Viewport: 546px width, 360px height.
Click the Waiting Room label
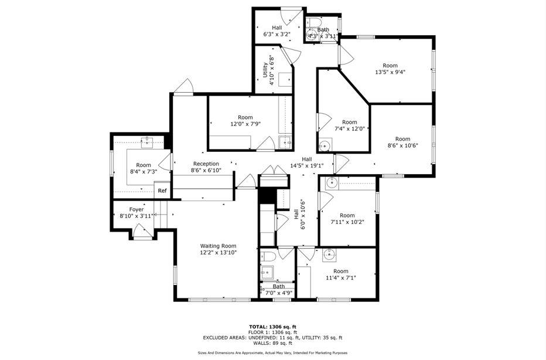click(x=218, y=246)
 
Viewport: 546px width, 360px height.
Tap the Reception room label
click(x=206, y=164)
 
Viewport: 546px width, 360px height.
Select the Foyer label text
click(x=136, y=209)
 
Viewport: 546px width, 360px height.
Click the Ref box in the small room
click(x=162, y=191)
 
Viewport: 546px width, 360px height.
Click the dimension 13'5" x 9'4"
click(x=390, y=72)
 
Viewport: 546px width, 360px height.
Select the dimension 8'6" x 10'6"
click(x=402, y=146)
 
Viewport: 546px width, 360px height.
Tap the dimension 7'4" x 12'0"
click(x=350, y=129)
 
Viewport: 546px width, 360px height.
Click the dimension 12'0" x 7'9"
click(x=245, y=124)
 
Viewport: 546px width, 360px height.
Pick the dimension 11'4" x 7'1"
click(x=340, y=278)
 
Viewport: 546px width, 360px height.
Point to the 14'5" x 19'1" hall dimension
click(x=307, y=165)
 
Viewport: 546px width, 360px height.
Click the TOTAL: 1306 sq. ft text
click(x=272, y=327)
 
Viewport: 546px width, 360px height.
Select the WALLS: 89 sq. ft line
click(x=272, y=343)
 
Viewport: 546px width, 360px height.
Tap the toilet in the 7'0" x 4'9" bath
click(x=267, y=256)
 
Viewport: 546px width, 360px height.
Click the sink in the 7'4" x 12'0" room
click(x=325, y=145)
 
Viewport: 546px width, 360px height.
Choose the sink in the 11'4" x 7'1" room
click(x=330, y=254)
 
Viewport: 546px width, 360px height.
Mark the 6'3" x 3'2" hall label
click(x=277, y=31)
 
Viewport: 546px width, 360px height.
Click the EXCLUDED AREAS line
click(x=272, y=338)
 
